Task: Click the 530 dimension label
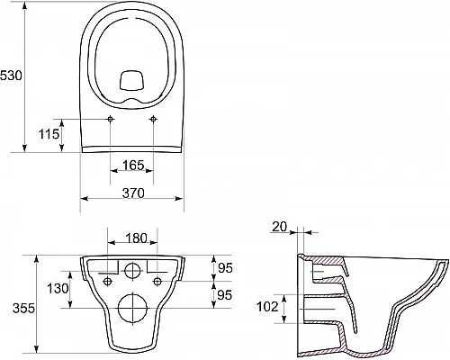[11, 76]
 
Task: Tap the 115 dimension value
[49, 134]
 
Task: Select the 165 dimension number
[133, 165]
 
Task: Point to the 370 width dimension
[133, 193]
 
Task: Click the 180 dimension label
[136, 238]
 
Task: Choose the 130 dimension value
[58, 289]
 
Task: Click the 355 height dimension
[23, 308]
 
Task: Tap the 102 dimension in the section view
[267, 307]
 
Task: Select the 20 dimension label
[280, 227]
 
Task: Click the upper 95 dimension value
[225, 268]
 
